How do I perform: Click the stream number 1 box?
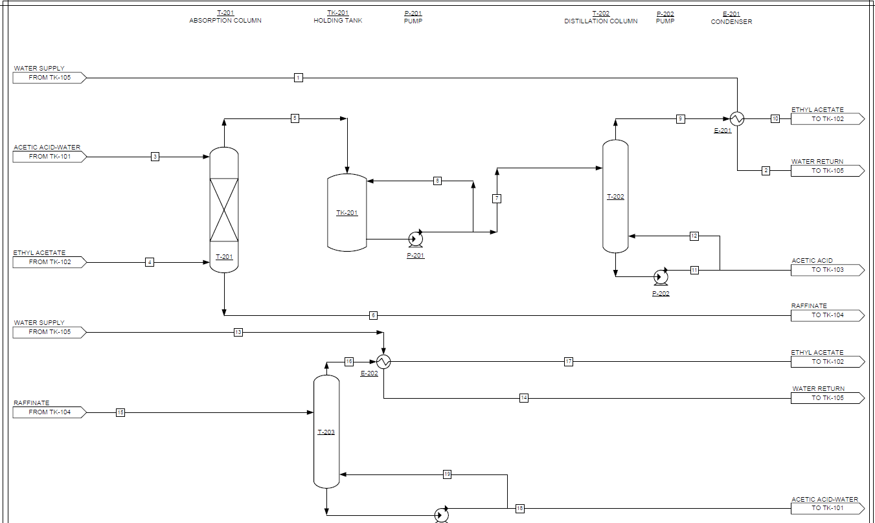298,78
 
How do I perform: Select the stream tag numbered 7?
497,199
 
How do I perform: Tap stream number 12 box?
694,236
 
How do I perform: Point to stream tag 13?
238,332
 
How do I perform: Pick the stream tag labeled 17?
569,362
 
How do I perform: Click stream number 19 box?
447,474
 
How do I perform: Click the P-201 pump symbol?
415,239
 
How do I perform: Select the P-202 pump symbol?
661,277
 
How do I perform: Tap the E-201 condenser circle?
737,118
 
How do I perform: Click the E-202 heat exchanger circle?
384,362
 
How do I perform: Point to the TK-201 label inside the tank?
347,213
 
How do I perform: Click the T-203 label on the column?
326,432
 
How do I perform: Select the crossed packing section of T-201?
224,209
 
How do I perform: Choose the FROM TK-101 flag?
49,157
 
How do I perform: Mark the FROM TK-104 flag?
49,412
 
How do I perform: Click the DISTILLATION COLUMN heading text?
600,21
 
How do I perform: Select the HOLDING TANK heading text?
338,21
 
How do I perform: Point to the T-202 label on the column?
615,197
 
